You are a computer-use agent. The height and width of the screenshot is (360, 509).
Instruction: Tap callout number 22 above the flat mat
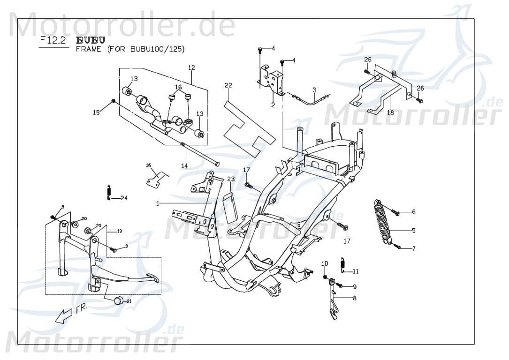(228, 85)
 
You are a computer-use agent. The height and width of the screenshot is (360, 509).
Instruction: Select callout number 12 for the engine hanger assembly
(191, 68)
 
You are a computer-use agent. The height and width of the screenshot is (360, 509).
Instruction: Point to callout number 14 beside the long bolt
(184, 165)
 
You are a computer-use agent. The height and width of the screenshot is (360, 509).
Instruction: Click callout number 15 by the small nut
(96, 112)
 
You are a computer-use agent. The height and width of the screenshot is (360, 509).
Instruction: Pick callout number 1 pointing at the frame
(158, 203)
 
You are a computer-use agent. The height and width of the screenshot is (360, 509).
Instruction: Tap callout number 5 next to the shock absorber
(414, 231)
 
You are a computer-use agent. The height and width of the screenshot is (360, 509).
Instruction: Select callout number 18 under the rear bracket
(390, 113)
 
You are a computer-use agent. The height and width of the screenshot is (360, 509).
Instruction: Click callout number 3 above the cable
(314, 90)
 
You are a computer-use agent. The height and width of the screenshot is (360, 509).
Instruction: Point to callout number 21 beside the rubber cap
(129, 301)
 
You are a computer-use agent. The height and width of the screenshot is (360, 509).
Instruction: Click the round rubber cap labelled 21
(118, 300)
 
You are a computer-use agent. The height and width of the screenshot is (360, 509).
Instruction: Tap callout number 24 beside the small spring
(124, 198)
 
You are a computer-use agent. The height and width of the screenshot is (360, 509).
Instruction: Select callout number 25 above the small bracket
(149, 165)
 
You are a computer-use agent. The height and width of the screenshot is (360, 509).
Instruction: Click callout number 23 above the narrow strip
(231, 179)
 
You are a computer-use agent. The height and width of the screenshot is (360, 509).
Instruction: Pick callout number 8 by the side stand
(354, 298)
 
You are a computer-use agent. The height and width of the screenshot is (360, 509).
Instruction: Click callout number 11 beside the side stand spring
(356, 271)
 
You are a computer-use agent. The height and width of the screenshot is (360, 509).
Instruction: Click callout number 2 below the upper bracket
(273, 105)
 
